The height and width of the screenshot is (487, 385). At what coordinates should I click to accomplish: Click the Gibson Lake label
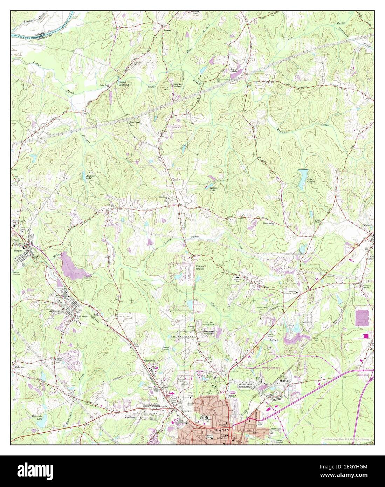[214, 189]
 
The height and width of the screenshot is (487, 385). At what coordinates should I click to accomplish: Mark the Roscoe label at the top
[167, 30]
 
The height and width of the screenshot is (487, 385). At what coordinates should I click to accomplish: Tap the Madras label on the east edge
[367, 225]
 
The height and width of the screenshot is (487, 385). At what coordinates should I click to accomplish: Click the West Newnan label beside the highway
[151, 406]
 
